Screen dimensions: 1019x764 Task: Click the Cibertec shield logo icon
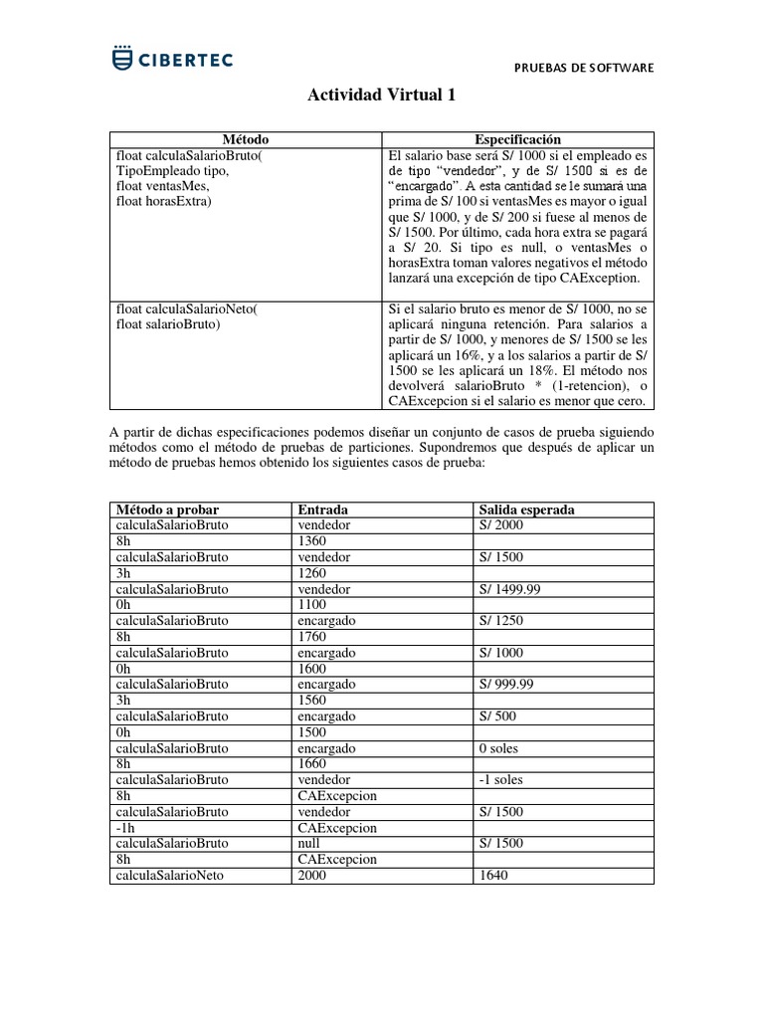[122, 59]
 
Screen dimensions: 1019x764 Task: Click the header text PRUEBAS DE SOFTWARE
[584, 68]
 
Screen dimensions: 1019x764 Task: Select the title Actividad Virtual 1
[381, 95]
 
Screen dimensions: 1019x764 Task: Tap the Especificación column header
[517, 140]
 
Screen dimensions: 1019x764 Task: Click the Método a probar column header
[164, 509]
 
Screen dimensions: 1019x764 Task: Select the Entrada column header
[323, 509]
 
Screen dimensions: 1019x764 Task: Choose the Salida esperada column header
[527, 509]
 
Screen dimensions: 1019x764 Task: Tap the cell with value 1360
[313, 540]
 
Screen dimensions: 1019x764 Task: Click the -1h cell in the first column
[125, 828]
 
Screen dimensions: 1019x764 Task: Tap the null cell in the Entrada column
[309, 844]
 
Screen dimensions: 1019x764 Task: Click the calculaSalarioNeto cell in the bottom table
[169, 876]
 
